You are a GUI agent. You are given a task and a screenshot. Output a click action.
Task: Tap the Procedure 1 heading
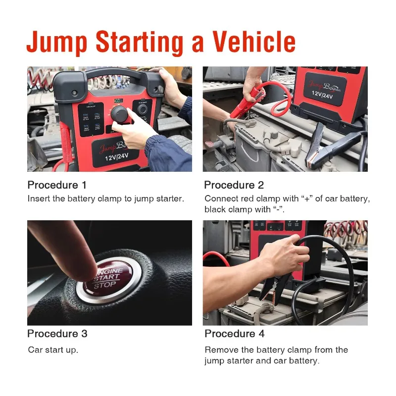click(57, 185)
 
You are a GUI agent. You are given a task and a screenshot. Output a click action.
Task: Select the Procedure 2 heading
click(234, 185)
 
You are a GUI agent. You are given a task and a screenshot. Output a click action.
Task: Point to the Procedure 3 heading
click(57, 334)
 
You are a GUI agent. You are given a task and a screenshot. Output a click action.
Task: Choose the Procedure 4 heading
click(235, 334)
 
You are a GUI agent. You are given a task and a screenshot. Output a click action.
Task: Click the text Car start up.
click(52, 350)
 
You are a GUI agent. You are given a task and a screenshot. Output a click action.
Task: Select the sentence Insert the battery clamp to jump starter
click(105, 198)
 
